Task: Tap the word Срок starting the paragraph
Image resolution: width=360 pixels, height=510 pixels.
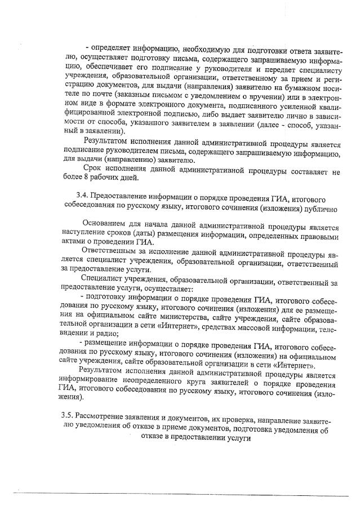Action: point(94,167)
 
